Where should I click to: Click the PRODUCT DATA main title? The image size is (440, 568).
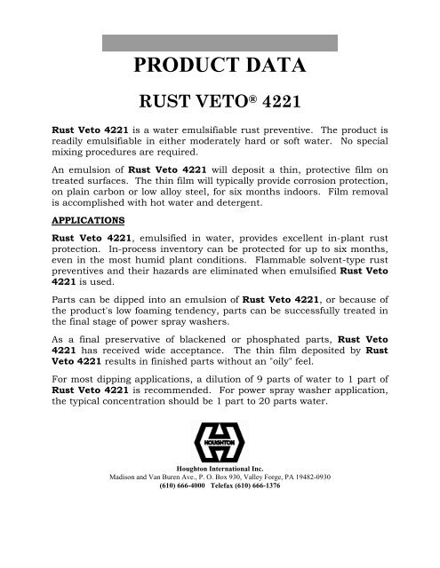click(x=219, y=70)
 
